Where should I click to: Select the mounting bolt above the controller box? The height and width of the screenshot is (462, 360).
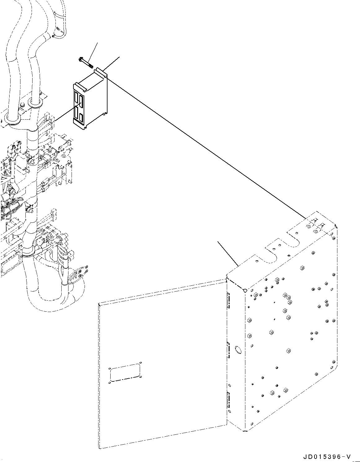point(86,63)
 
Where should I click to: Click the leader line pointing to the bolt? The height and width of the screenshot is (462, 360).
point(93,51)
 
